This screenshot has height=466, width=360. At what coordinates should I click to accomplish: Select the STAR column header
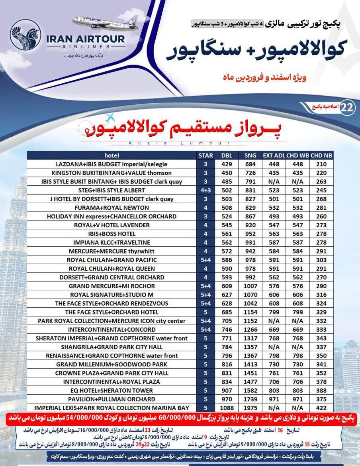pos(206,155)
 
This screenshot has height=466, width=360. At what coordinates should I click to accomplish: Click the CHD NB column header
pos(321,155)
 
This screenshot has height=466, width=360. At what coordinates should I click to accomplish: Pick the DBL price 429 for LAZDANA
pos(227,164)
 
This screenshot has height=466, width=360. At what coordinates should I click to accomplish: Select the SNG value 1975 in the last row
pos(250,408)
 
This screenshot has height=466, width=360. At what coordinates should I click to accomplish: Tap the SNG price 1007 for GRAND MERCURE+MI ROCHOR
pos(250,286)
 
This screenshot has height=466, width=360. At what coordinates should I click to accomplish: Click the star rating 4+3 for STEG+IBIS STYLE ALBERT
pos(206,191)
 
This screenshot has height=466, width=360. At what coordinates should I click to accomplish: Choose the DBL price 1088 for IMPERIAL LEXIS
pos(227,408)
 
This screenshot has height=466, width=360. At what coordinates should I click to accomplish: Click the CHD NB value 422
pos(321,408)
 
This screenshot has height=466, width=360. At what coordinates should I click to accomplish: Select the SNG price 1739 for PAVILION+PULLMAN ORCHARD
pos(250,399)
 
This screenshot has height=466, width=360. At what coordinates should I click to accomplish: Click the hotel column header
pos(112,155)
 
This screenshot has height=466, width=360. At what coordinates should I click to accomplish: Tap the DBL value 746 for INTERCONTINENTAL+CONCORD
pos(227,330)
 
